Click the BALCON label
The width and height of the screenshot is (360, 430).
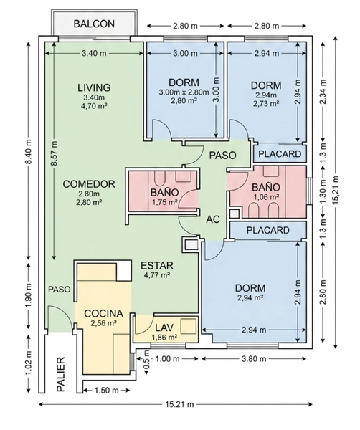tap(94, 24)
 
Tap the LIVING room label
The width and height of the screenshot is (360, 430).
tap(94, 87)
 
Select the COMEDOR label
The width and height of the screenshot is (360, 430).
tap(89, 184)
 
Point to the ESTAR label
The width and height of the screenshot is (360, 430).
tap(157, 265)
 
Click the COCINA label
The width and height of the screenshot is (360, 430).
tap(103, 314)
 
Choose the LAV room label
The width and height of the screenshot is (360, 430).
tap(164, 328)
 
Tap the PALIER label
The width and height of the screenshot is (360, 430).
tap(61, 374)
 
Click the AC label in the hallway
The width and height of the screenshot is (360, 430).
tap(213, 219)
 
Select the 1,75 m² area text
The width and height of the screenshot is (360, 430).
tap(165, 202)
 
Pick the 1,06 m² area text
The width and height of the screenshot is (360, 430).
tap(266, 197)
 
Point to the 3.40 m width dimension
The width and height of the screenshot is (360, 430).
tap(94, 53)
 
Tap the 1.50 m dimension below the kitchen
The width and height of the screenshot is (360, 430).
tap(106, 390)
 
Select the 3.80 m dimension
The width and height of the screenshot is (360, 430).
tap(254, 359)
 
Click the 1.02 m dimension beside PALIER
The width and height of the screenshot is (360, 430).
tap(29, 363)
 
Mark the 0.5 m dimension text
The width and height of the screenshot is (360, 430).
tap(146, 359)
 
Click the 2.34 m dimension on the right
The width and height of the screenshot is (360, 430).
tap(323, 92)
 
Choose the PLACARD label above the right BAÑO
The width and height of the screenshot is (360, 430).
tap(280, 154)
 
